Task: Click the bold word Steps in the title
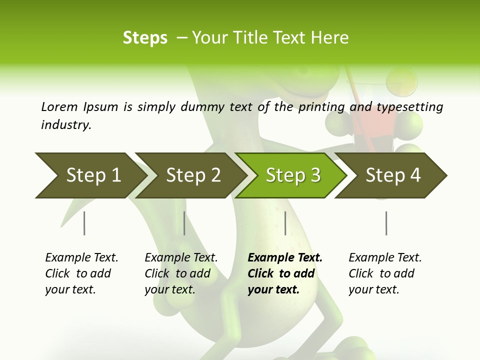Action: tap(145, 38)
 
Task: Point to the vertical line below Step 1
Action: tap(84, 223)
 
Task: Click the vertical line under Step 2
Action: tap(184, 223)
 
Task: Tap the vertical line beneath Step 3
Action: tap(285, 223)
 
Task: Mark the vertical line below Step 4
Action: tap(386, 223)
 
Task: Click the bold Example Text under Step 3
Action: tap(285, 258)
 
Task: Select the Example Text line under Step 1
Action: tap(81, 258)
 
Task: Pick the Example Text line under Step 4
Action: tap(385, 258)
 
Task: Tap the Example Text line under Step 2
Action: tap(181, 258)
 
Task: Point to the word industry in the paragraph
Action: tap(65, 125)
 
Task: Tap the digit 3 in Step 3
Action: tap(315, 175)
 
